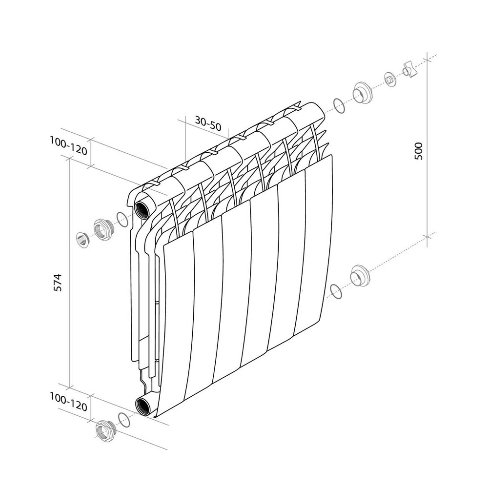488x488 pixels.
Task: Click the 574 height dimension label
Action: click(x=58, y=282)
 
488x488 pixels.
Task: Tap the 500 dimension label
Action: click(x=419, y=151)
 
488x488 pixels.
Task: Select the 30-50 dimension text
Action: click(x=208, y=123)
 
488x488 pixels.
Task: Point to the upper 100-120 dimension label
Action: click(x=68, y=146)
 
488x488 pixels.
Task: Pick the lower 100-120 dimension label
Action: click(x=68, y=402)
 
